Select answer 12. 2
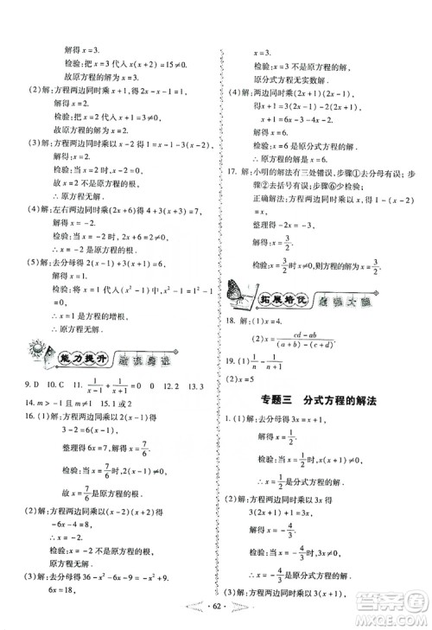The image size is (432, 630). click(x=175, y=383)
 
